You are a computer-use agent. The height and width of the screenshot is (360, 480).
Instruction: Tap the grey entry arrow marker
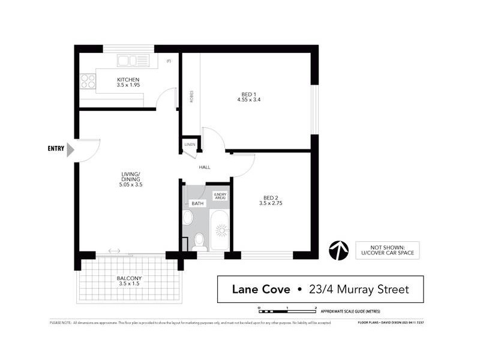(70, 149)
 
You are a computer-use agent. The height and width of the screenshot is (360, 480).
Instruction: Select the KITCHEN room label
(128, 80)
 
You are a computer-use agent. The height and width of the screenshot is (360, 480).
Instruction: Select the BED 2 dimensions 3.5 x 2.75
(271, 203)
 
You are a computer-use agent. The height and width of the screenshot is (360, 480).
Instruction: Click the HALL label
(205, 167)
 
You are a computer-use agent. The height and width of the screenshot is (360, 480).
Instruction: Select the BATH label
(197, 203)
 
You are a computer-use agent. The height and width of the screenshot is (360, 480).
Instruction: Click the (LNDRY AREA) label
(221, 196)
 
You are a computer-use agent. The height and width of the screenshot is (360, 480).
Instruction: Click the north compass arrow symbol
(339, 250)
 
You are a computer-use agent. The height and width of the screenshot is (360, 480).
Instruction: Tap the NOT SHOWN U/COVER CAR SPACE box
(387, 250)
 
